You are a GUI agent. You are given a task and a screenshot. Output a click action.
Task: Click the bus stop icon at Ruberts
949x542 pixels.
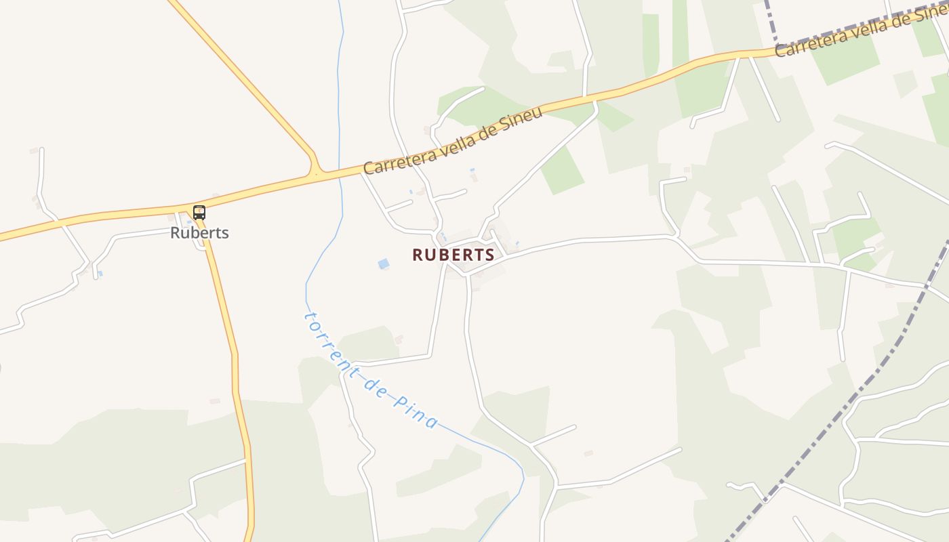pyautogui.click(x=199, y=213)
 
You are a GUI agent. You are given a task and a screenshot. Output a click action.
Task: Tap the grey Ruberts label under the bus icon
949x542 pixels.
pyautogui.click(x=199, y=232)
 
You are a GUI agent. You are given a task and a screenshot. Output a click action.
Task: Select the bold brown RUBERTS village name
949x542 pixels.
pyautogui.click(x=453, y=255)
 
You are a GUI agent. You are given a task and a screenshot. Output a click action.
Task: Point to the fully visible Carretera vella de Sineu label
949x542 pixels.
pyautogui.click(x=453, y=140)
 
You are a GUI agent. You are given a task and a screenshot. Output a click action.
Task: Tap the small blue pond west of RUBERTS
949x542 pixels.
pyautogui.click(x=384, y=264)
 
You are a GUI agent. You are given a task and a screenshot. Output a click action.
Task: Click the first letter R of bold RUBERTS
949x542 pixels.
pyautogui.click(x=417, y=255)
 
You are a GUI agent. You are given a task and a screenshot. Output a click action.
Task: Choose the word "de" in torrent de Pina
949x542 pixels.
pyautogui.click(x=373, y=384)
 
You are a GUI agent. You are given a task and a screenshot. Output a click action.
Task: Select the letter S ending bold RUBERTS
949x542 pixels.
pyautogui.click(x=489, y=255)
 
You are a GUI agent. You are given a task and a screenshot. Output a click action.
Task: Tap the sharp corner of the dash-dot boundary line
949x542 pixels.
pyautogui.click(x=775, y=43)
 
